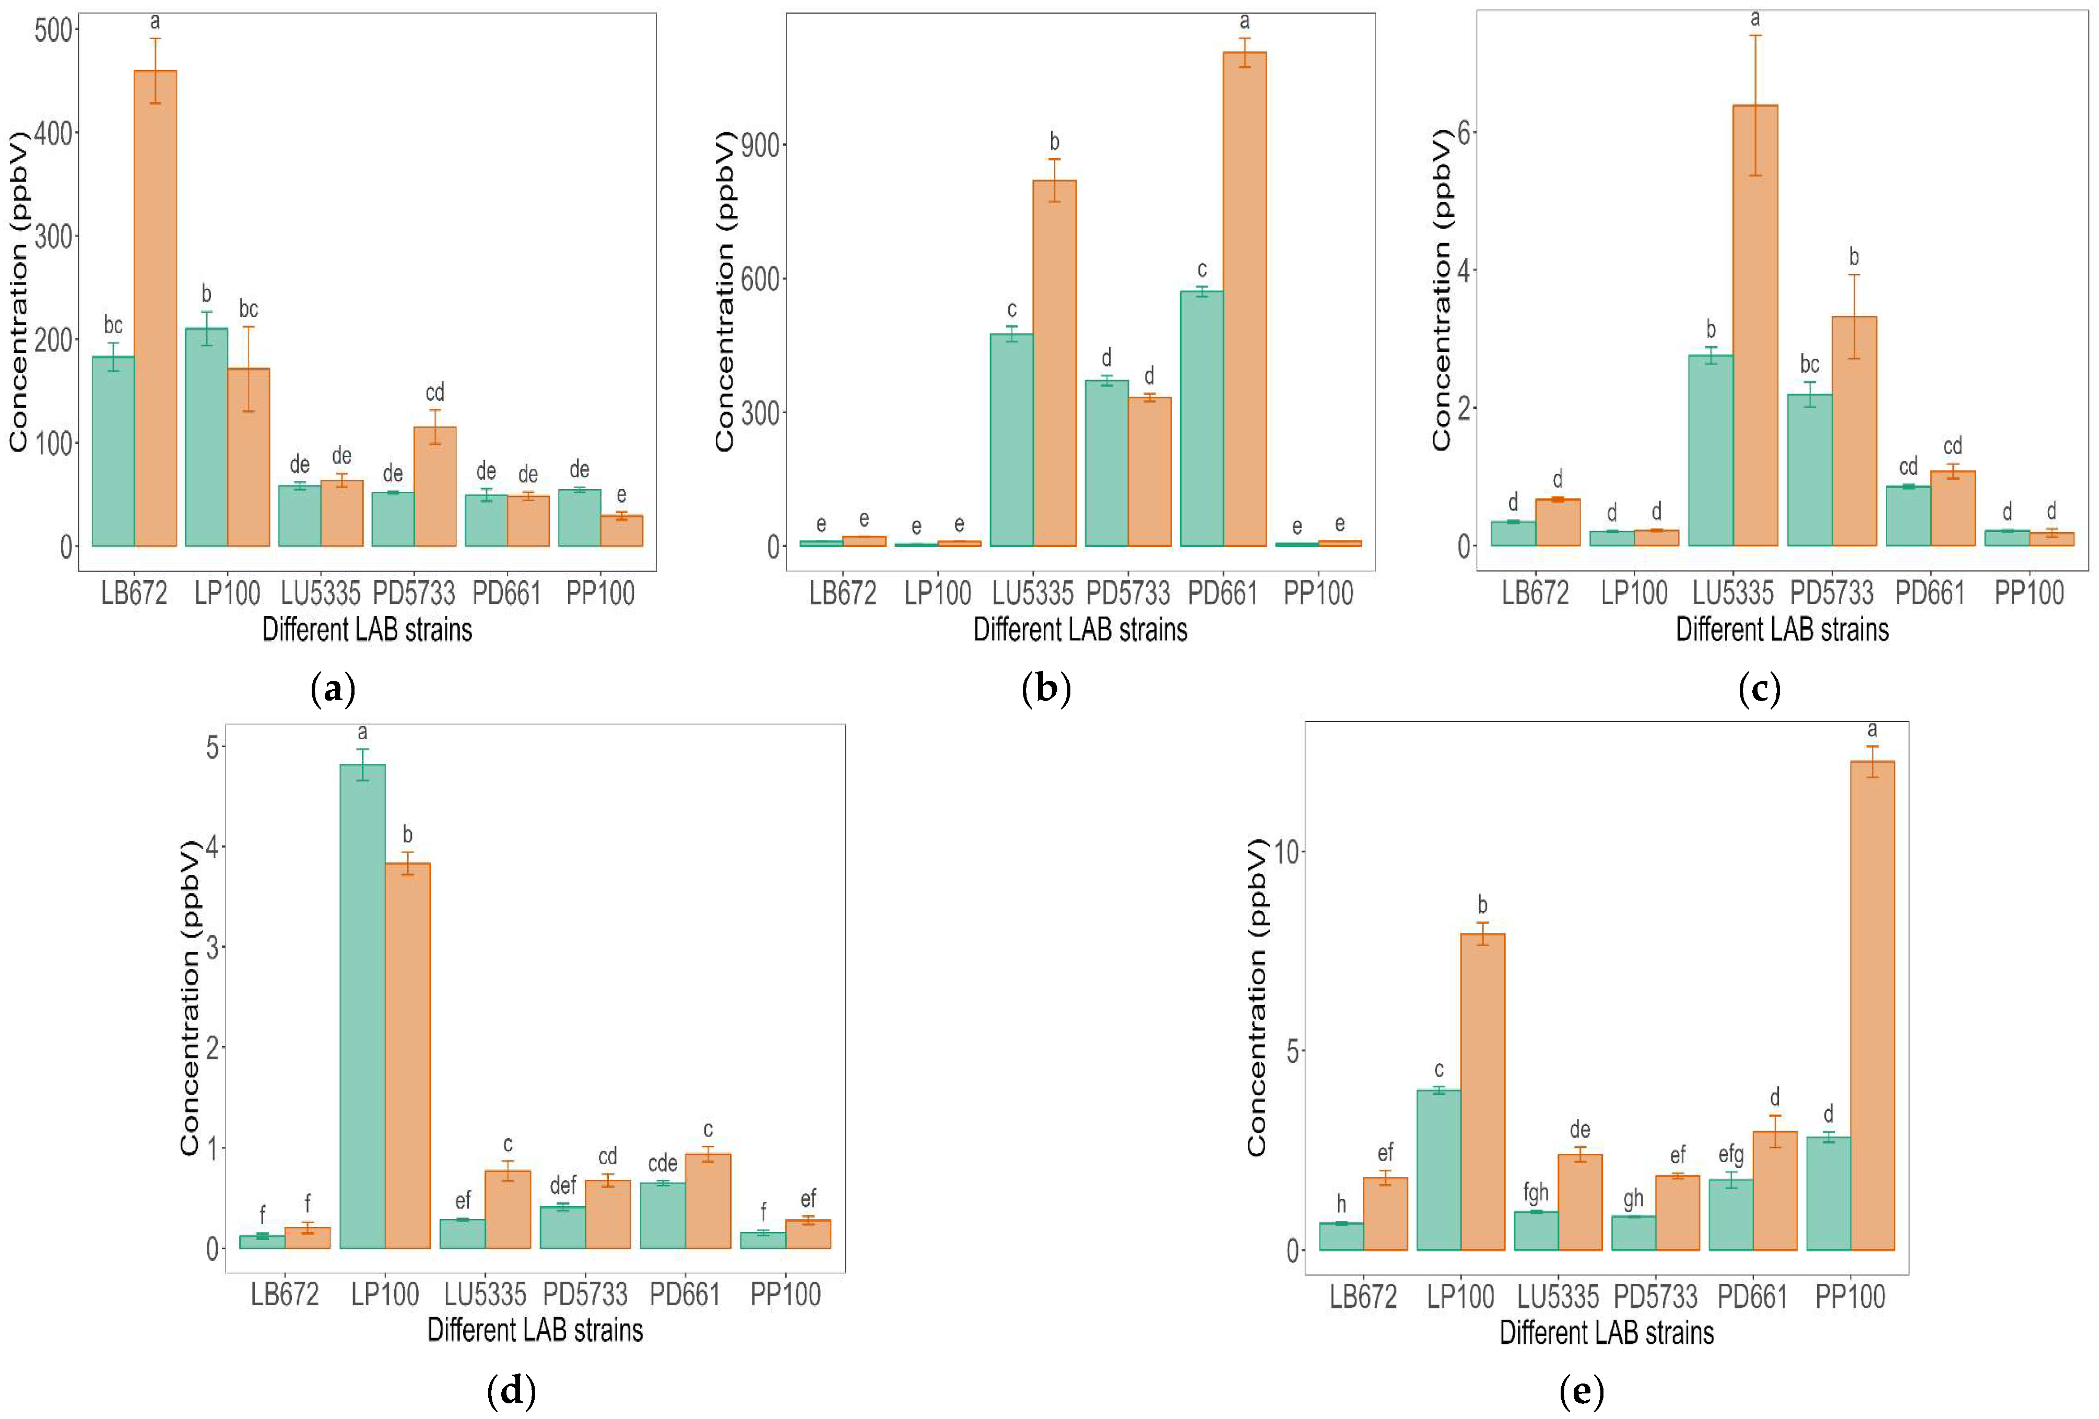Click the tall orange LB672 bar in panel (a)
(x=156, y=307)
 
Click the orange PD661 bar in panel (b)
(x=1245, y=298)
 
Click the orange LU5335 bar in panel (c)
(x=1755, y=325)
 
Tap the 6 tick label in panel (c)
(x=1465, y=133)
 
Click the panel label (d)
(x=511, y=1391)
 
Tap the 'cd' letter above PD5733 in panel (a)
(x=434, y=392)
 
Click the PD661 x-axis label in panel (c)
(x=1929, y=594)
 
